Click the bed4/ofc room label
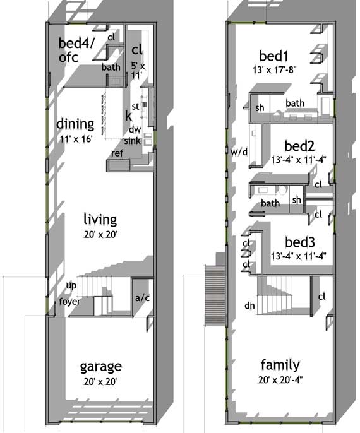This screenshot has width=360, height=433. click(77, 50)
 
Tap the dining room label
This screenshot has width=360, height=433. click(75, 123)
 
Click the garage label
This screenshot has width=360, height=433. click(100, 367)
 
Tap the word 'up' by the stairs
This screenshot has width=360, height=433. click(71, 286)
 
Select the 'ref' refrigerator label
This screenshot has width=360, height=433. click(117, 153)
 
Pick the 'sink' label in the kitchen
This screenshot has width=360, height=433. click(132, 140)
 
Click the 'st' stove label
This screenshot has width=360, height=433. click(135, 106)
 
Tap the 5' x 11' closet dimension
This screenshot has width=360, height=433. click(137, 71)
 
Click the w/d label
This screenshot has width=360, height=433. click(239, 151)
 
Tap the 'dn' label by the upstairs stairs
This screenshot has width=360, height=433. click(250, 305)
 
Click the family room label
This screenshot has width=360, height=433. click(280, 365)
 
